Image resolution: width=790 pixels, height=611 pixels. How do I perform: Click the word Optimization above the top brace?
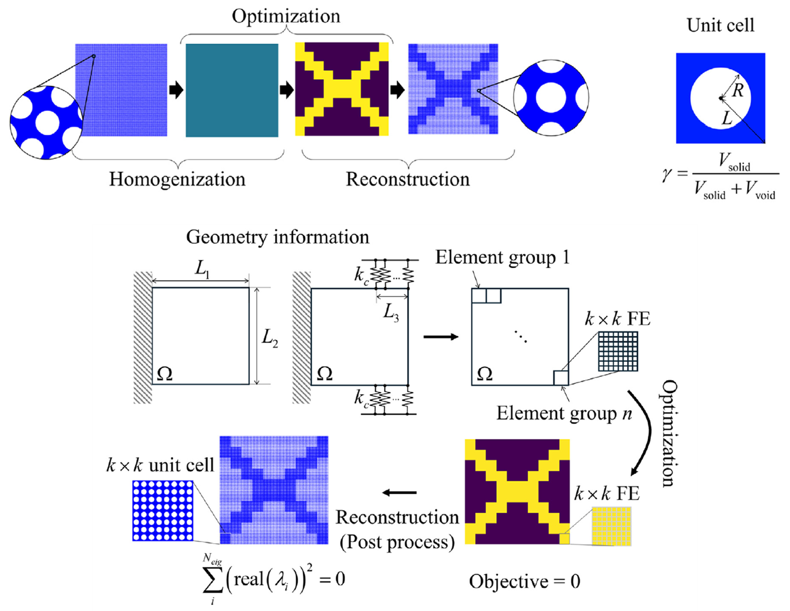pos(286,16)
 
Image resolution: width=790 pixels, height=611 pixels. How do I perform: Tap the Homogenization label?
pos(177,179)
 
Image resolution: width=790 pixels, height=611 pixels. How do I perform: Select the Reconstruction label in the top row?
pos(407,179)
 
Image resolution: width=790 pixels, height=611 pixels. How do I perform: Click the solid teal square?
pos(232,90)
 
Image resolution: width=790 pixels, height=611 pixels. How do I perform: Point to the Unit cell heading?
pos(720,26)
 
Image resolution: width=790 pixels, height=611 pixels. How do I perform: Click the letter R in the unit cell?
pos(737,90)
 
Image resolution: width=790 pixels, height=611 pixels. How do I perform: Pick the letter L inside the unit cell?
pos(726,117)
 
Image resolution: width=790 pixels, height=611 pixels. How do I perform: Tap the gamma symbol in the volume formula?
pos(667,175)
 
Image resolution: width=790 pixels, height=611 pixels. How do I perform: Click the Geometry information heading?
pos(277,237)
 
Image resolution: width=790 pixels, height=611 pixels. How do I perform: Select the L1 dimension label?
pos(202,269)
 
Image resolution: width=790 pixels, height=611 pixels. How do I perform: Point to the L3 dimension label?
pos(391,311)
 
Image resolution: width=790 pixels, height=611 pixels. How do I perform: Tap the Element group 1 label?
pos(502,257)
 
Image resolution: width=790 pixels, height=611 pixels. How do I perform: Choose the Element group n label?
pos(564,413)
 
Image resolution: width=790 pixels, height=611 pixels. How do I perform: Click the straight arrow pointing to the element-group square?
pos(441,337)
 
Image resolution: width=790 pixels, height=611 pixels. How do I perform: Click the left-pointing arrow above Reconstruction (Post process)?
pos(399,493)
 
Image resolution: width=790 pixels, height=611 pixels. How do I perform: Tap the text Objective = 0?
pos(524,582)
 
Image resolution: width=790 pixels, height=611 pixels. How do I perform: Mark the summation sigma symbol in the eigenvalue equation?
pos(212,581)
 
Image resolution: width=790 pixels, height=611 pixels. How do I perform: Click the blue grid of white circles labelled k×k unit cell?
pos(162,511)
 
